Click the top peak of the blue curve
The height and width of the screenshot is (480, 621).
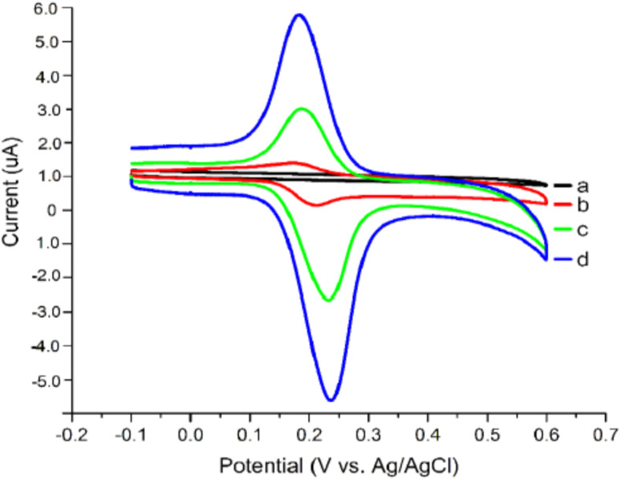pyautogui.click(x=299, y=14)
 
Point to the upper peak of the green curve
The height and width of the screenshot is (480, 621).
pyautogui.click(x=302, y=108)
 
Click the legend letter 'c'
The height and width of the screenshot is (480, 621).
pyautogui.click(x=582, y=230)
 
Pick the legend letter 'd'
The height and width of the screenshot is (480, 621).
pyautogui.click(x=582, y=258)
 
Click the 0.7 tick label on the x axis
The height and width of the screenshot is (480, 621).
pyautogui.click(x=606, y=433)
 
